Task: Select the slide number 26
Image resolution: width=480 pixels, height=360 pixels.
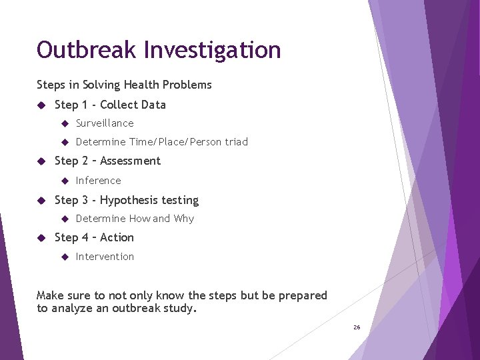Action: [357, 327]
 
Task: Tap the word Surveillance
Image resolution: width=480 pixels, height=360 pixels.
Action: [105, 123]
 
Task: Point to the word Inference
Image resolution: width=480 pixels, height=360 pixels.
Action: [99, 181]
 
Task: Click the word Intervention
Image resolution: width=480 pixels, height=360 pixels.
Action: [105, 257]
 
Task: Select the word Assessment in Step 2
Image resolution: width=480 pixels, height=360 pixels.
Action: [130, 161]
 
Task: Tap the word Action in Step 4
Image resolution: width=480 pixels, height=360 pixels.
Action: [117, 237]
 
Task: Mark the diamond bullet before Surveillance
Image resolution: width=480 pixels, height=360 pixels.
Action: [65, 123]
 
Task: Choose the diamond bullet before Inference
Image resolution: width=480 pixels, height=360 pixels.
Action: [65, 181]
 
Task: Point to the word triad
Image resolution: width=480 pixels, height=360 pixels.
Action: [236, 142]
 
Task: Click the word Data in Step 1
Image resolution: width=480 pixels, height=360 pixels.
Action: [153, 105]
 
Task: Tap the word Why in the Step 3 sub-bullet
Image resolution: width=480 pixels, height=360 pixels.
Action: [184, 219]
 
